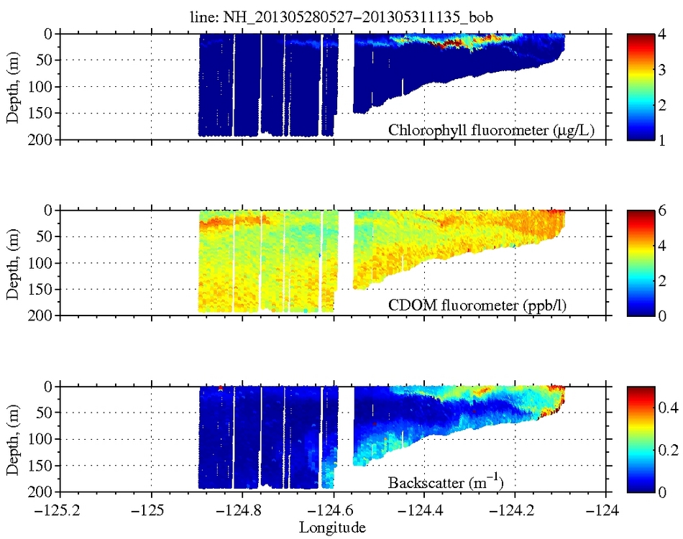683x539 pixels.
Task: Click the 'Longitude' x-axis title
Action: pos(332,528)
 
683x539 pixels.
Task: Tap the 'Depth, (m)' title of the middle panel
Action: pos(12,262)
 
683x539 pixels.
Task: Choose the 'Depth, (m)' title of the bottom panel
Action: pos(12,438)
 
